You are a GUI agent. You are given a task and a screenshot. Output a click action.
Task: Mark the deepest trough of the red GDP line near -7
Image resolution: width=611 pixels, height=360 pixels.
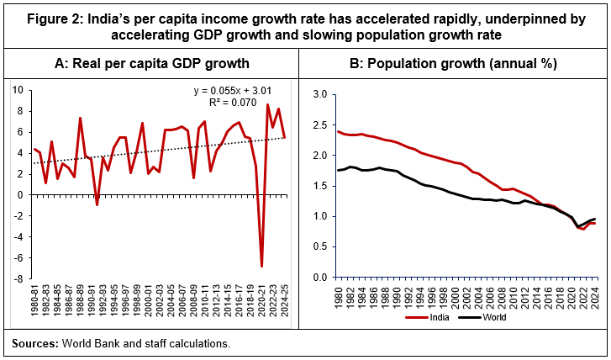pos(262,266)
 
